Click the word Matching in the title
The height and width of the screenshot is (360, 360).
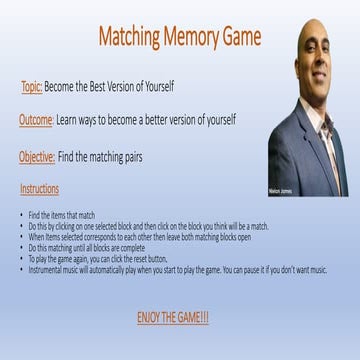click(x=130, y=38)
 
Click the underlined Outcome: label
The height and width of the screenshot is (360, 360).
click(x=36, y=120)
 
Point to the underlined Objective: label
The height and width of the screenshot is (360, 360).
click(x=36, y=156)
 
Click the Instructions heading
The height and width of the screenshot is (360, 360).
click(x=39, y=189)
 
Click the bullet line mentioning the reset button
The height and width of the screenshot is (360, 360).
click(x=110, y=258)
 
